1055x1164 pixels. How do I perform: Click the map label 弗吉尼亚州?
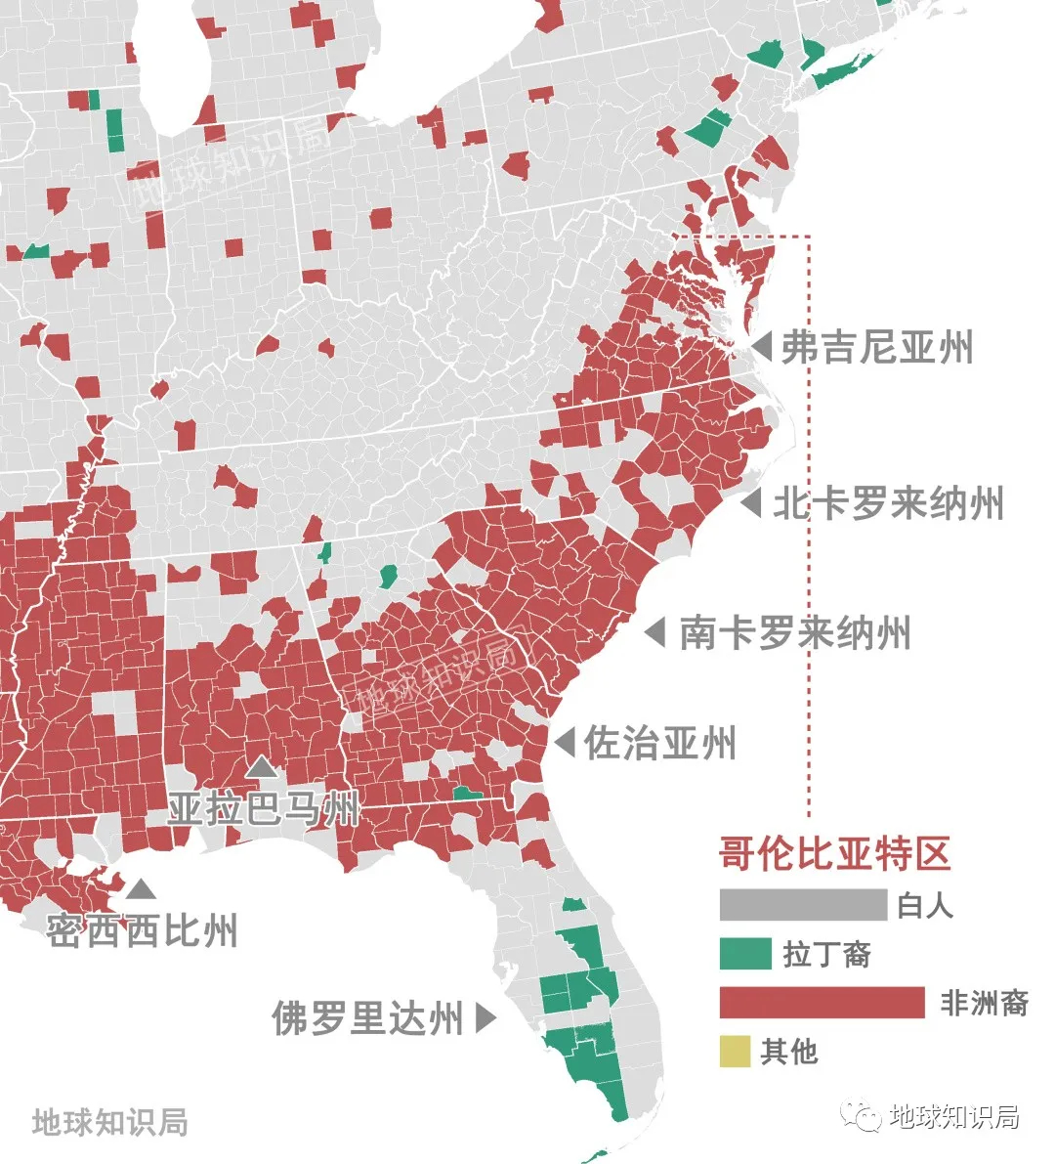876,347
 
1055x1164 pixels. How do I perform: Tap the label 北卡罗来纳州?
888,504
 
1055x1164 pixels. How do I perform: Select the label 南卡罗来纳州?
795,632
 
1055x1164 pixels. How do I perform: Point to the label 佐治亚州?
660,743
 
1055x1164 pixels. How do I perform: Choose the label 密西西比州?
143,930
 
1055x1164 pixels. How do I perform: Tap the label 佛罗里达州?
367,1018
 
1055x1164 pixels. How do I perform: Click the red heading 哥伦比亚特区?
835,853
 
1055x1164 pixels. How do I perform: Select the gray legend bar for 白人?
803,905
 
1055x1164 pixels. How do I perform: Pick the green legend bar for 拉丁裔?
745,954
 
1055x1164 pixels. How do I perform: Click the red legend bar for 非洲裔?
822,1003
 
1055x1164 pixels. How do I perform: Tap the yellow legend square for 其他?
735,1052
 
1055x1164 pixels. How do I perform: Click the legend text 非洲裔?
984,1003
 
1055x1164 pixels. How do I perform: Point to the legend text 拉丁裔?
826,954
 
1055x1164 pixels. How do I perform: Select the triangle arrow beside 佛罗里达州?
485,1018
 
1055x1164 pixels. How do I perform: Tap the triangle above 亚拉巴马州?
260,768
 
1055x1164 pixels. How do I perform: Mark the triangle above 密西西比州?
141,888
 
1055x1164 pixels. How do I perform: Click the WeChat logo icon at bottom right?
863,1116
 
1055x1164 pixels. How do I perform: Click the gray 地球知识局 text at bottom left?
109,1121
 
